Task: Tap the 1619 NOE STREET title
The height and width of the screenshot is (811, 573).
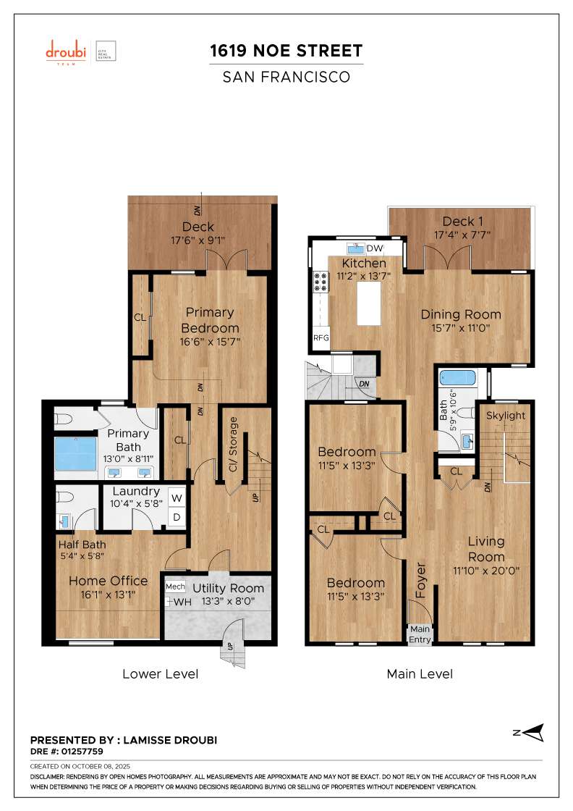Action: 286,51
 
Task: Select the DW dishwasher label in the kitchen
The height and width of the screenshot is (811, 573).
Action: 374,248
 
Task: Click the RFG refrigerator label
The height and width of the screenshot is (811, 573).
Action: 321,338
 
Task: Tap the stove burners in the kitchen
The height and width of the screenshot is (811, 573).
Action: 320,282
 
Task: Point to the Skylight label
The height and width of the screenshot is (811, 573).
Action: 505,415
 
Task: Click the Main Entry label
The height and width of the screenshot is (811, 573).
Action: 420,634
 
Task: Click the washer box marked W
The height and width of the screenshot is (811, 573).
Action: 176,497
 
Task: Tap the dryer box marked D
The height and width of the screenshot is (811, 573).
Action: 176,517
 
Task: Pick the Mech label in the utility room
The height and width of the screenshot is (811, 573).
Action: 175,587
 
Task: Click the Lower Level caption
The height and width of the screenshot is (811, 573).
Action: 160,674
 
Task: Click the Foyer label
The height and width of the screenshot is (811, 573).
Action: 420,580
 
